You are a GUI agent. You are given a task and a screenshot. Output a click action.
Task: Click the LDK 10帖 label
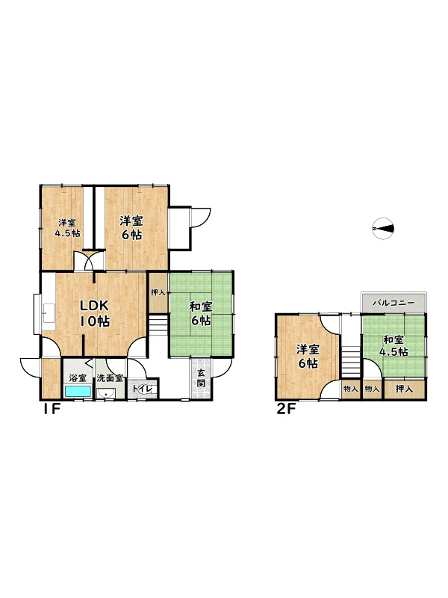click(x=95, y=313)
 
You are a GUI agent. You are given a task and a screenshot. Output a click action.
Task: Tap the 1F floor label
click(x=51, y=410)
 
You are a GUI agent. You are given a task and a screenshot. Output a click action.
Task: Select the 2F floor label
click(x=286, y=410)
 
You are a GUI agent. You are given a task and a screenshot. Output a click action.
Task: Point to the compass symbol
click(x=383, y=229)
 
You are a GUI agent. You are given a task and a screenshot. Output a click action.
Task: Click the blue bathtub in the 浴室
click(x=78, y=391)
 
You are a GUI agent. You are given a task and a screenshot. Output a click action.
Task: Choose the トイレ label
click(x=143, y=389)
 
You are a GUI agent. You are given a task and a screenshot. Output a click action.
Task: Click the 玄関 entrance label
click(x=201, y=377)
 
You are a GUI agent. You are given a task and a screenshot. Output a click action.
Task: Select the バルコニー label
click(x=393, y=303)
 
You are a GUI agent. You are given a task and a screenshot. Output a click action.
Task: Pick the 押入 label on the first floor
click(x=158, y=292)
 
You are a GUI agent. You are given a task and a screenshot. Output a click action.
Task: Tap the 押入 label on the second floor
click(x=404, y=389)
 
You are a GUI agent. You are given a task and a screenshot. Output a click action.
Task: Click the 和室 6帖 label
click(x=201, y=313)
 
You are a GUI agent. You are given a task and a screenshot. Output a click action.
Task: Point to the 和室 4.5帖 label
click(x=393, y=345)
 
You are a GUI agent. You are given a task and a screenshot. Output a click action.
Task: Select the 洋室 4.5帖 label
click(x=67, y=228)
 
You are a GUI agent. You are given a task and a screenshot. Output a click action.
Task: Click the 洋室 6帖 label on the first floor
click(x=131, y=228)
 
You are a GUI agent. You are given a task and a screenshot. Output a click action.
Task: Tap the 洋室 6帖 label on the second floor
click(x=308, y=357)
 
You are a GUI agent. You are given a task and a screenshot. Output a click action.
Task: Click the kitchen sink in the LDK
click(x=49, y=312)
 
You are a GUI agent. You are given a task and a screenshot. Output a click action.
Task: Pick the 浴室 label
click(x=78, y=378)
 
